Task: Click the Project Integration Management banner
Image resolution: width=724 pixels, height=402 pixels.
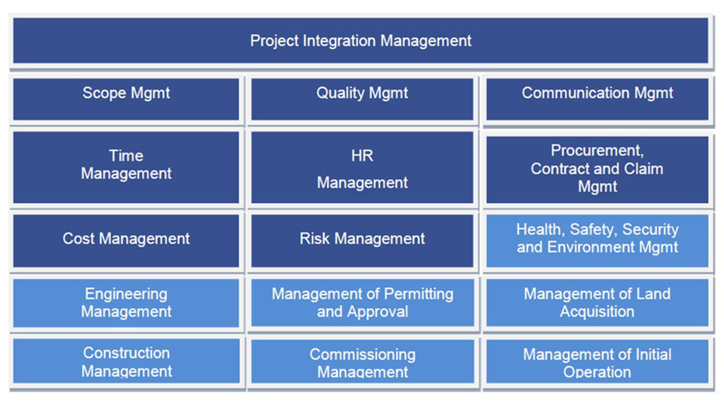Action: click(x=360, y=40)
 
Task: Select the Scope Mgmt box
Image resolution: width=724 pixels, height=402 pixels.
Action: click(x=126, y=100)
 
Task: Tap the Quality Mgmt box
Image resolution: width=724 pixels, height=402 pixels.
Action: click(x=362, y=100)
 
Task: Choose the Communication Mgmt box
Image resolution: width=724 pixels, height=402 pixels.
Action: click(x=597, y=100)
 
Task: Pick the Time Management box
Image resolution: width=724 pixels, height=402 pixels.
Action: click(x=126, y=167)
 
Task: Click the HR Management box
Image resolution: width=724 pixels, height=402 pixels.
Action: click(x=362, y=167)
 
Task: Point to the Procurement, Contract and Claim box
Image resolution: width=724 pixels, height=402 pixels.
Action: click(x=597, y=170)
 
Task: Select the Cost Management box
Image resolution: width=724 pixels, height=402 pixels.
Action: click(x=126, y=241)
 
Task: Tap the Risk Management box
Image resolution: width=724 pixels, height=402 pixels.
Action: click(x=362, y=241)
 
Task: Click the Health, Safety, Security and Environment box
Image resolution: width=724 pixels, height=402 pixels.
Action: click(x=597, y=241)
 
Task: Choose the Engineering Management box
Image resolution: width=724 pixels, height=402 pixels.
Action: click(x=126, y=303)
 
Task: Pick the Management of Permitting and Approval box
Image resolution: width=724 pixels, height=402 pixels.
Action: click(x=363, y=303)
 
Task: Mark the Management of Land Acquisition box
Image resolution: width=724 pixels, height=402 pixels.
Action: click(x=597, y=303)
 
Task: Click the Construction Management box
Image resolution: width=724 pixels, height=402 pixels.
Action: click(x=126, y=361)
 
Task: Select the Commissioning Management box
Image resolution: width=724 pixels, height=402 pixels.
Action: click(x=363, y=362)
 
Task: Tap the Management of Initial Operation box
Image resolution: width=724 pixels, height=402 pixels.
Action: click(x=597, y=362)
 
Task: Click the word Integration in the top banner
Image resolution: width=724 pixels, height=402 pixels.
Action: click(x=339, y=41)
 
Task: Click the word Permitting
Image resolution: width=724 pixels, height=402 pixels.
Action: click(x=419, y=294)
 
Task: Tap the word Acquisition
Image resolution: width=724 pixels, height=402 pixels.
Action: click(x=597, y=312)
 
